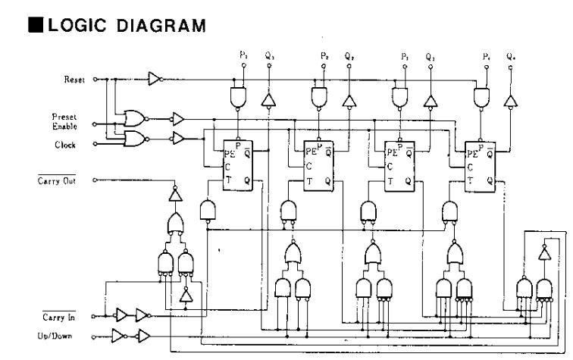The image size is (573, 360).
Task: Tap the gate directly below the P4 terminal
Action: pos(480,96)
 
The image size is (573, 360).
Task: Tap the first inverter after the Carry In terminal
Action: pos(120,315)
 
